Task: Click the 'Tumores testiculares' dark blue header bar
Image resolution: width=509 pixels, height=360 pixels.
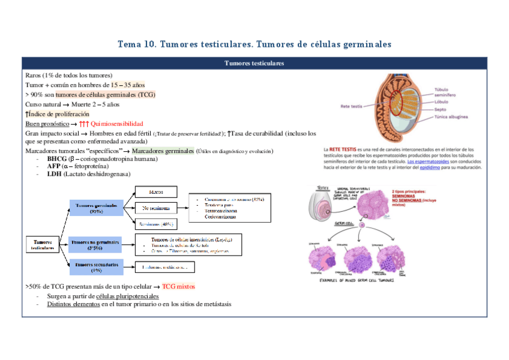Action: (254, 63)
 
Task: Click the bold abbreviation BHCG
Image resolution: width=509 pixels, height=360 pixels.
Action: (58, 159)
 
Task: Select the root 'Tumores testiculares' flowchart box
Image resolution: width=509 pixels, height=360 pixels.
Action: (43, 244)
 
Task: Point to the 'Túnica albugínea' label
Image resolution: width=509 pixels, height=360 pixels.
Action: (450, 118)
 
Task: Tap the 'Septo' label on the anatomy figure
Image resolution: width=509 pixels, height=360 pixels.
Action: (441, 110)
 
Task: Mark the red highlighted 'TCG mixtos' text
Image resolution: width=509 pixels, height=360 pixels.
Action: (178, 287)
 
